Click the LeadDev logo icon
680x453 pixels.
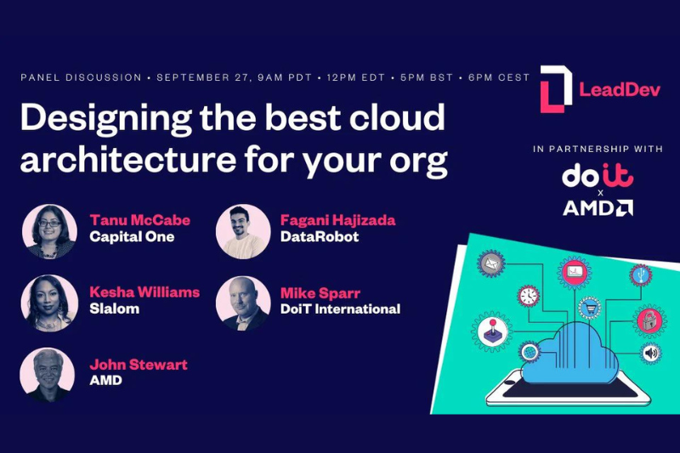[556, 89]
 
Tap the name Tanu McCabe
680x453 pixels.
[139, 220]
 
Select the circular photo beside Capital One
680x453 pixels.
[49, 231]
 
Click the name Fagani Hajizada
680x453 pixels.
[337, 220]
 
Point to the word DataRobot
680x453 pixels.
[320, 236]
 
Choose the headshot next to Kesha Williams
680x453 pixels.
[49, 303]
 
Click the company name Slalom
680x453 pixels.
[115, 309]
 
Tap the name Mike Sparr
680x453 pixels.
[320, 293]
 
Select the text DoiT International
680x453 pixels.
[341, 309]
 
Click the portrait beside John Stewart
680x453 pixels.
[48, 375]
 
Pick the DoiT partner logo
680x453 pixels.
[598, 176]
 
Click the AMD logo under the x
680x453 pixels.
[598, 208]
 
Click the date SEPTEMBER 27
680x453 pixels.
[203, 77]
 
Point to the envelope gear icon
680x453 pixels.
[491, 263]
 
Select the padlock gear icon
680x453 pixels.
[649, 321]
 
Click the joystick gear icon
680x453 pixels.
[492, 331]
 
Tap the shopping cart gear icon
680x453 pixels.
[589, 309]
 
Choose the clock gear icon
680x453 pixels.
[528, 297]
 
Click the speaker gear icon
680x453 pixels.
[650, 354]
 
